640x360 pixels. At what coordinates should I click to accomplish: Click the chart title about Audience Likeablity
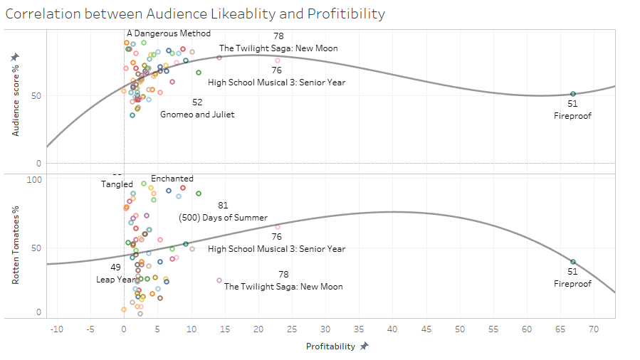pos(194,14)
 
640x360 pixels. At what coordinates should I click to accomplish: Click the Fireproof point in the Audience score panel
pos(573,94)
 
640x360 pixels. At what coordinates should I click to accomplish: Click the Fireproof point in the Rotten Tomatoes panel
pos(573,262)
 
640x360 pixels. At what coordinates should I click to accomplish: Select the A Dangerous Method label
pos(169,33)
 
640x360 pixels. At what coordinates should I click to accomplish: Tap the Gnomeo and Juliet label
pos(197,114)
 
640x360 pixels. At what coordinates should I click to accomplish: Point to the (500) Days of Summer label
pos(223,218)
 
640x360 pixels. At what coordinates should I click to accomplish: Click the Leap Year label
pos(115,280)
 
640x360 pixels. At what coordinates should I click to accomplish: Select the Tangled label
pos(117,184)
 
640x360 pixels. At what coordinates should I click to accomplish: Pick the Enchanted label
pos(172,179)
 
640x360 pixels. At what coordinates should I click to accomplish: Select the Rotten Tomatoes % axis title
pos(15,245)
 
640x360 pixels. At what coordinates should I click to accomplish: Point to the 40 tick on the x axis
pos(392,329)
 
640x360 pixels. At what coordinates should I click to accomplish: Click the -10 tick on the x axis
pos(56,329)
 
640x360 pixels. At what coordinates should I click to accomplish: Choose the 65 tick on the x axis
pos(560,329)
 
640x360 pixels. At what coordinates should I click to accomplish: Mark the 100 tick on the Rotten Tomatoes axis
pos(33,180)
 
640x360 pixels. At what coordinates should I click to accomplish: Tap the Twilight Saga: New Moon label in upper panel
pos(278,48)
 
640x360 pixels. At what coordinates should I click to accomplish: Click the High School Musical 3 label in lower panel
pos(276,249)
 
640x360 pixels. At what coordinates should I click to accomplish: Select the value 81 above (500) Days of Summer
pos(223,206)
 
